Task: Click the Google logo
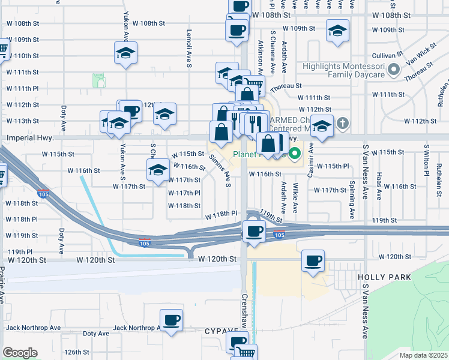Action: (x=20, y=353)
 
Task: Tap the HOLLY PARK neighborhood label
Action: (x=393, y=277)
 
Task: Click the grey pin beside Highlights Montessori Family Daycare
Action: (x=394, y=71)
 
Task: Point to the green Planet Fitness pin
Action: (x=294, y=154)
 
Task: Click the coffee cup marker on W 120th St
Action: (x=313, y=260)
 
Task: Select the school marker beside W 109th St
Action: (x=338, y=30)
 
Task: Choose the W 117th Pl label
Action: (x=184, y=193)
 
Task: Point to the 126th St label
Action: (x=77, y=352)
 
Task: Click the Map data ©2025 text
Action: (x=423, y=355)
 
